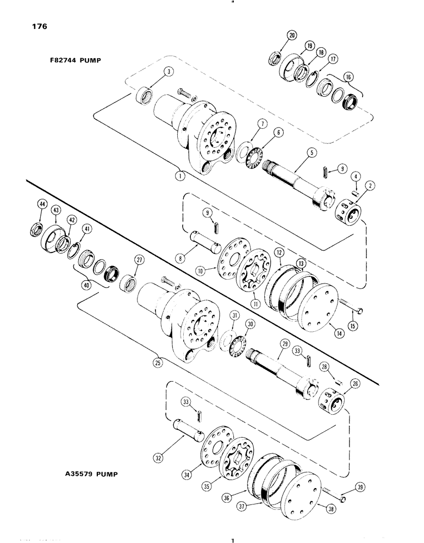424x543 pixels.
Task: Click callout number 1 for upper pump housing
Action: coord(179,176)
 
